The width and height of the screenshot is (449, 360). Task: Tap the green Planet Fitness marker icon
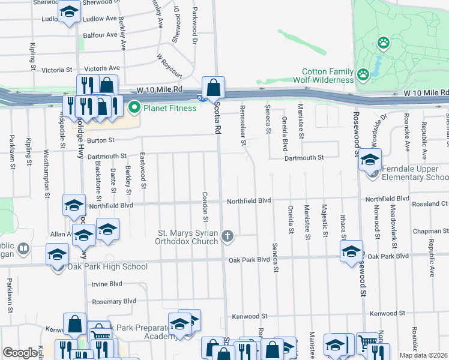coord(133,109)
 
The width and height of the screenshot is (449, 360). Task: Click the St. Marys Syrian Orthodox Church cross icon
coord(227,236)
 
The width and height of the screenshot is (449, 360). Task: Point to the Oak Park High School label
coord(107,266)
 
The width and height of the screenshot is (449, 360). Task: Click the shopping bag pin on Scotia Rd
coord(213,88)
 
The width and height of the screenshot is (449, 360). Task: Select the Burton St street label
coord(100,140)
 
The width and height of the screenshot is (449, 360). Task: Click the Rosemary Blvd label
coord(113,301)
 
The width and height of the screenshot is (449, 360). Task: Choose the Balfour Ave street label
coord(100,35)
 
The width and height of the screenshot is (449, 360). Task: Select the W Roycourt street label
coord(169,66)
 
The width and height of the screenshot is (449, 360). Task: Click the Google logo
coord(20,353)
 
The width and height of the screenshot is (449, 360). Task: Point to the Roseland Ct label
coord(430,203)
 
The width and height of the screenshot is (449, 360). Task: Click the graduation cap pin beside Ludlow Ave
coord(69,12)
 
